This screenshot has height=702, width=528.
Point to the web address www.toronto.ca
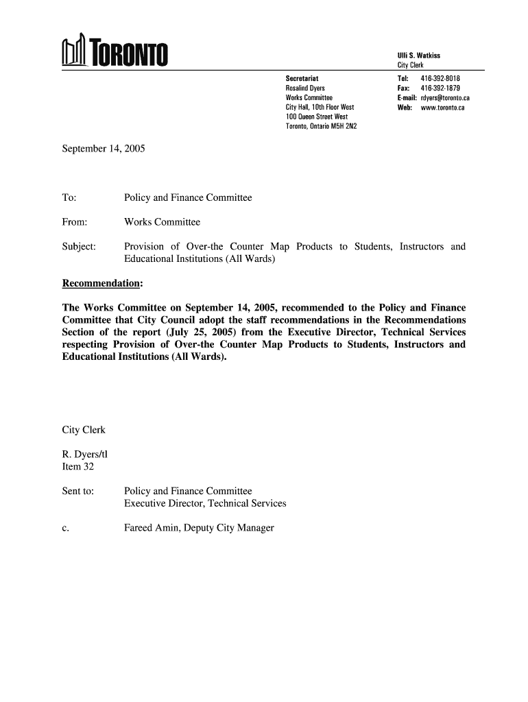coord(442,108)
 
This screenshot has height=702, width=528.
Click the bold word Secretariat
coord(302,79)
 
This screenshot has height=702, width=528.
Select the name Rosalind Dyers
coord(305,88)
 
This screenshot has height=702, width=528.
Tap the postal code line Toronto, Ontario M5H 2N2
coord(321,127)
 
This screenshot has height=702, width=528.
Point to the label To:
coord(69,198)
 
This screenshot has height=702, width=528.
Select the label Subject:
coord(79,246)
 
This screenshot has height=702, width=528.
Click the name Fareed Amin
coord(152,527)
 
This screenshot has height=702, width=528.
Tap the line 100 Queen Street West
coord(317,117)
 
